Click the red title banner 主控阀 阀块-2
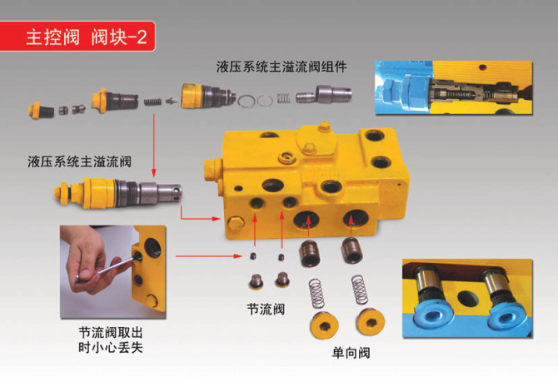(77, 37)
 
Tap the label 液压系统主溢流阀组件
(281, 67)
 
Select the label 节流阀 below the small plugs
(266, 309)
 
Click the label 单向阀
(351, 353)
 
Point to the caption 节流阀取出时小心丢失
(111, 340)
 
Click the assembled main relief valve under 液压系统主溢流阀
(118, 191)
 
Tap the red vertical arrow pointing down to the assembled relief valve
(154, 145)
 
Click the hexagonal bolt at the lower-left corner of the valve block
(235, 224)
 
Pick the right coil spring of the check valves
(360, 290)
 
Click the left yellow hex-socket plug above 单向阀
(324, 325)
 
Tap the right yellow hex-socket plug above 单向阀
(371, 323)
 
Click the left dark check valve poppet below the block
(310, 254)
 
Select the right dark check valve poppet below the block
(352, 251)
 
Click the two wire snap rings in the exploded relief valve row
(256, 101)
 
